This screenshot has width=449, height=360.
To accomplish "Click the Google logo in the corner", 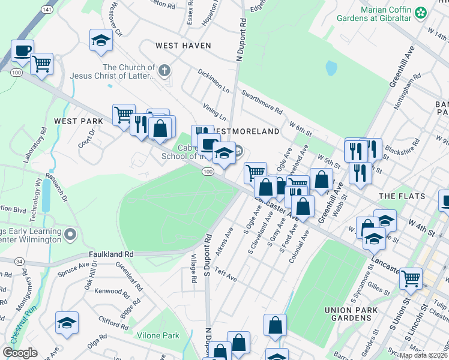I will coord(20,353).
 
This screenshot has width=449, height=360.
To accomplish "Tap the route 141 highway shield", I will coord(47,11).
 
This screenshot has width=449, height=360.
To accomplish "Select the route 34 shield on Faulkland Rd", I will coord(19,261).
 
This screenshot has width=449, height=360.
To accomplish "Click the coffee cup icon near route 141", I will coord(22,51).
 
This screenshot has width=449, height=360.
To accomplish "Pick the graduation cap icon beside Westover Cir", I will coord(101,41).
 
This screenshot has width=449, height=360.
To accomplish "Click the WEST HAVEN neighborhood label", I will coord(183,46).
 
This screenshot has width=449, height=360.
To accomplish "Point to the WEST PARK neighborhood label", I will coord(79,121).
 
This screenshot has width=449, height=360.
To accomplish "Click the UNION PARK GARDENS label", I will coord(351,314).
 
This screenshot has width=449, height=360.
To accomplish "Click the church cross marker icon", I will coord(165,71).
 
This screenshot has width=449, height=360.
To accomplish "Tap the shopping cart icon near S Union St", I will coord(411,278).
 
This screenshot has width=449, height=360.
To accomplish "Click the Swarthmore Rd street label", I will coord(261,102).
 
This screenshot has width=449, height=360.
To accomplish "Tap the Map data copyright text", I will coord(423,355).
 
